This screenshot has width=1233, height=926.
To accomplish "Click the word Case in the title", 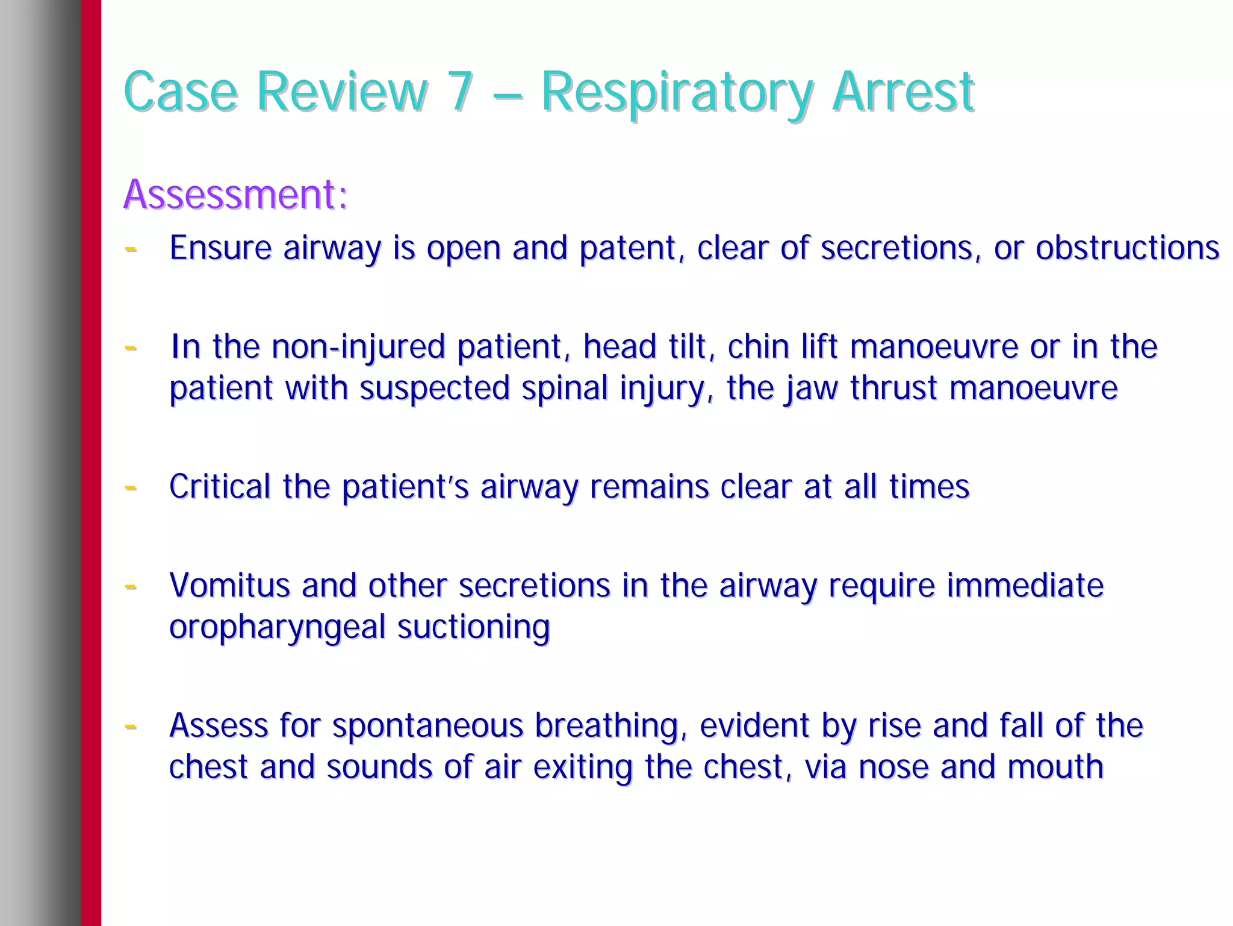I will (x=180, y=92).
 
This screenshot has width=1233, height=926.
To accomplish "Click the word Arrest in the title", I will (x=902, y=92).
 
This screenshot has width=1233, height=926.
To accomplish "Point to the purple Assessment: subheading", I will (x=235, y=195).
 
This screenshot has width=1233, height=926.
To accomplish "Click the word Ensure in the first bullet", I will (x=220, y=248).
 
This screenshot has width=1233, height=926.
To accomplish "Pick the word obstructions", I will (x=1127, y=248).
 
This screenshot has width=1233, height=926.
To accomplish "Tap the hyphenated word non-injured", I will (x=358, y=348).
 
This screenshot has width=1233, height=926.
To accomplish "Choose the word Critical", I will (x=220, y=486).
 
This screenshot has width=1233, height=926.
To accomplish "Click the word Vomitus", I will (x=229, y=585).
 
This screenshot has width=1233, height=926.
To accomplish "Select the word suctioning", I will (x=473, y=627).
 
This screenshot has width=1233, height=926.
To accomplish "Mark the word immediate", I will (x=1025, y=585).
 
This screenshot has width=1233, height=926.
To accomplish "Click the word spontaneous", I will (x=427, y=726).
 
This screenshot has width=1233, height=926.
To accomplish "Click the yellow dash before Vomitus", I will (x=130, y=585).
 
